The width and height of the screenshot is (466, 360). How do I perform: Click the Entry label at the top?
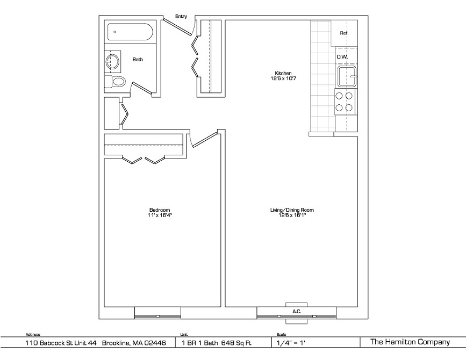tap(181, 16)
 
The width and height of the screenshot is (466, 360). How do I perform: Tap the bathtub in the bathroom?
tap(130, 32)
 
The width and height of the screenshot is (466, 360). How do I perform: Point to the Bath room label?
tap(138, 60)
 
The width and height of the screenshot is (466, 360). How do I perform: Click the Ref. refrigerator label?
tap(344, 33)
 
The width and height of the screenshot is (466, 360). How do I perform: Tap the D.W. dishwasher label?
tap(342, 56)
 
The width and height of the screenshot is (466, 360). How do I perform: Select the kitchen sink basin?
tap(347, 76)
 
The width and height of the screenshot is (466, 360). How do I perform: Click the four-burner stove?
tap(344, 102)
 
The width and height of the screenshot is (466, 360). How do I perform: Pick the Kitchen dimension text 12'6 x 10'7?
tap(283, 78)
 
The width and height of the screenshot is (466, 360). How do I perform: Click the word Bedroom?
tap(160, 210)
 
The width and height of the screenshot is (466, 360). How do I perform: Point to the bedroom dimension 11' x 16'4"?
tap(160, 215)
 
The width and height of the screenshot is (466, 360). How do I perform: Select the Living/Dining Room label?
tap(292, 210)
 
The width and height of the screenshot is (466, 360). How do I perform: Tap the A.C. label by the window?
tap(297, 311)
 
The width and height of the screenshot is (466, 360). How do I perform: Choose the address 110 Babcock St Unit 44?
tap(61, 342)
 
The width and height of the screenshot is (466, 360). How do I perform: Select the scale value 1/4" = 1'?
tap(291, 343)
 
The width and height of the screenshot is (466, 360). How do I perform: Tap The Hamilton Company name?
tap(410, 342)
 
